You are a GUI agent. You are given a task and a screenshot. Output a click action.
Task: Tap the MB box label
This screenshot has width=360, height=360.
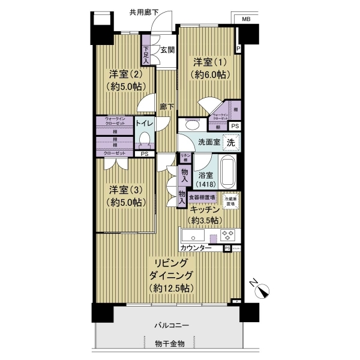246,20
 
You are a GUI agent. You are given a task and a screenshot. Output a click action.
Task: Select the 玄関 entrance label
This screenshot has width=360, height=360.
167,50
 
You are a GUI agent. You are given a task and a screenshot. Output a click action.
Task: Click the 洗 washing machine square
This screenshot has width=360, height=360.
230,143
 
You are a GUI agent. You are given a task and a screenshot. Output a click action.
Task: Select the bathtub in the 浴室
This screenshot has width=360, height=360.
228,172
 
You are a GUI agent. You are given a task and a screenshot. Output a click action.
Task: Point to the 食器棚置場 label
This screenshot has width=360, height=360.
202,197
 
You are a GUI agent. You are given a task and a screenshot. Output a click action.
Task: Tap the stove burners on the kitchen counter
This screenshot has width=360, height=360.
228,235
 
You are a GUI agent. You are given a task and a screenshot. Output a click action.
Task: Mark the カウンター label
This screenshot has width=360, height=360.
195,248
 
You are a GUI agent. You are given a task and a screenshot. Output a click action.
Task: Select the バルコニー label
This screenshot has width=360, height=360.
172,326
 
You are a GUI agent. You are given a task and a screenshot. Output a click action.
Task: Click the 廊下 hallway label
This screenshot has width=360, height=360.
167,107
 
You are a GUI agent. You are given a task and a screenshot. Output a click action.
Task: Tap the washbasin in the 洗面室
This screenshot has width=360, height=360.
193,125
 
